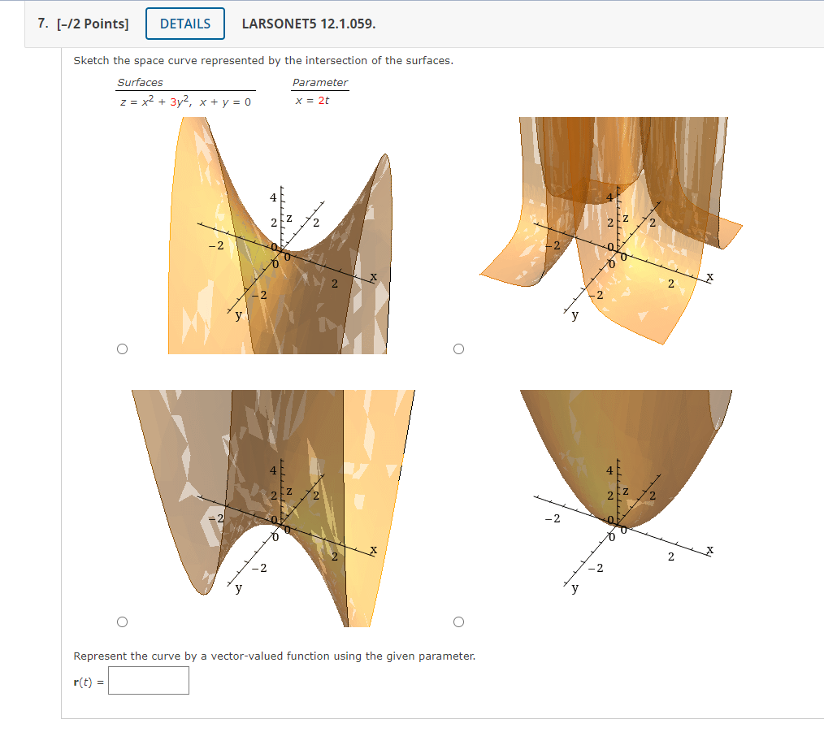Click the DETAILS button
tap(185, 24)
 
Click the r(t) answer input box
tap(149, 680)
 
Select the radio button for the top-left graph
tap(122, 349)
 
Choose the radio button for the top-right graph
tap(458, 349)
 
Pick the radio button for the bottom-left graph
tap(122, 622)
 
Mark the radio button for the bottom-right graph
tap(458, 622)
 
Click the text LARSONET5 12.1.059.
tap(309, 24)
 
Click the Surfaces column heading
tap(140, 82)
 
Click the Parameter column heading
tap(320, 82)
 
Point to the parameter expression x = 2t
tap(312, 101)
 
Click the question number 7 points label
tap(83, 24)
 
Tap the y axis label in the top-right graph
tap(575, 316)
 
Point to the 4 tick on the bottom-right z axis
tap(609, 470)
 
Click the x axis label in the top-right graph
tap(710, 277)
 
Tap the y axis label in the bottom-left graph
tap(238, 589)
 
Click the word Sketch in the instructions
tap(90, 61)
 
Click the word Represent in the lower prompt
tap(100, 656)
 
